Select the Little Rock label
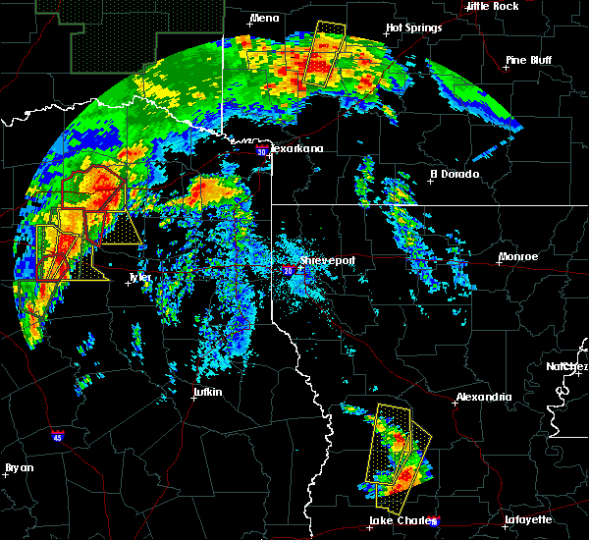pos(492,6)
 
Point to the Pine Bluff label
pos(529,60)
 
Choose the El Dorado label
pos(455,174)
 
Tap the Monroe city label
pos(517,256)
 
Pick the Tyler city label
pos(141,278)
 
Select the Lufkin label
pos(206,393)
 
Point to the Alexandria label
pos(484,397)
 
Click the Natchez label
pos(567,366)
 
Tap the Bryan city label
pos(19,467)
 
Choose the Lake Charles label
pos(397,520)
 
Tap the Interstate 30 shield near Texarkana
pos(260,151)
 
